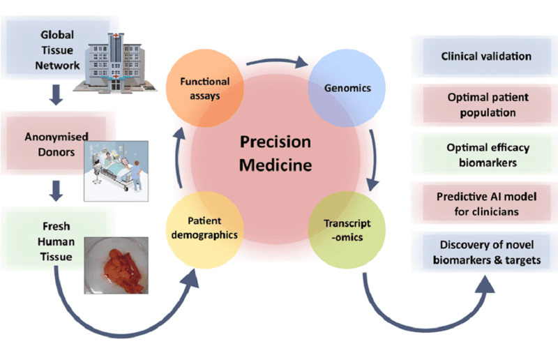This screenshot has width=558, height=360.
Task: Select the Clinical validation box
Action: pyautogui.click(x=486, y=57)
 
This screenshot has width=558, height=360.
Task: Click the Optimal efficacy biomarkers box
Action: pyautogui.click(x=486, y=155)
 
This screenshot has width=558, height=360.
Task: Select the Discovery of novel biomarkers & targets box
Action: pyautogui.click(x=486, y=253)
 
